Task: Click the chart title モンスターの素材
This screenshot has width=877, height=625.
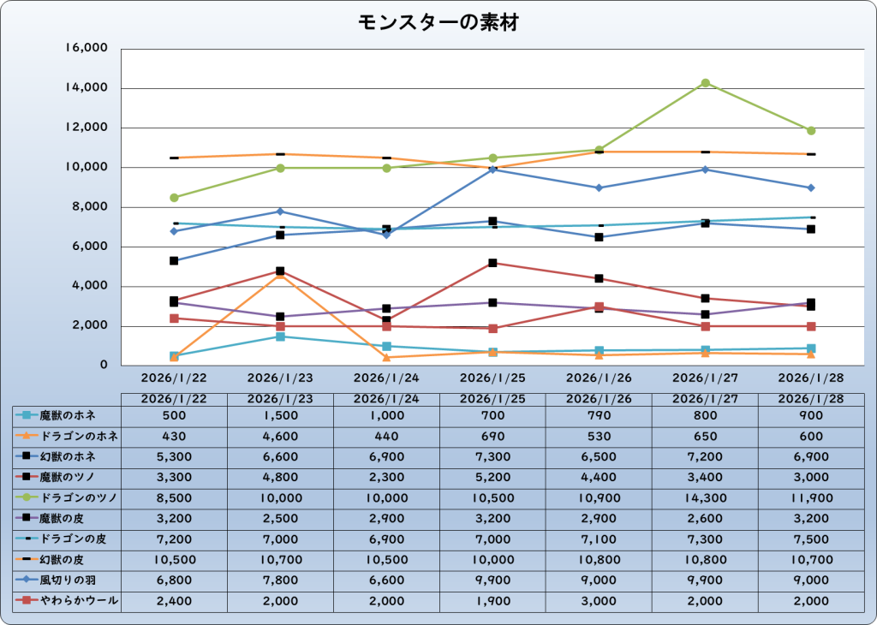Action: coord(438,23)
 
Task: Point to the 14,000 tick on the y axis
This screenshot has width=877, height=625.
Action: coord(87,88)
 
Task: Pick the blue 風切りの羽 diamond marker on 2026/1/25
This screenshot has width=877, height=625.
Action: coord(492,170)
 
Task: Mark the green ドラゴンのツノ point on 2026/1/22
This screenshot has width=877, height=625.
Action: coord(175,198)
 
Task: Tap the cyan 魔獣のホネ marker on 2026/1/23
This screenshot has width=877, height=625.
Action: coord(280,336)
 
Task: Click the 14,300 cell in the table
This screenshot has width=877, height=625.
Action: coord(705,497)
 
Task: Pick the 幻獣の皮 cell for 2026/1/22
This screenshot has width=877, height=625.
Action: coord(175,560)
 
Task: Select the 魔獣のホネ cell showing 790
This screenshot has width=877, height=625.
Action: coord(599,415)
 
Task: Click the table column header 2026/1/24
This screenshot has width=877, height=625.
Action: coord(386,398)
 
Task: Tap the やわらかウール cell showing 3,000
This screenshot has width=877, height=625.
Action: coord(599,601)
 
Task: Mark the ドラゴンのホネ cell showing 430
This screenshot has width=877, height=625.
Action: coord(175,436)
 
